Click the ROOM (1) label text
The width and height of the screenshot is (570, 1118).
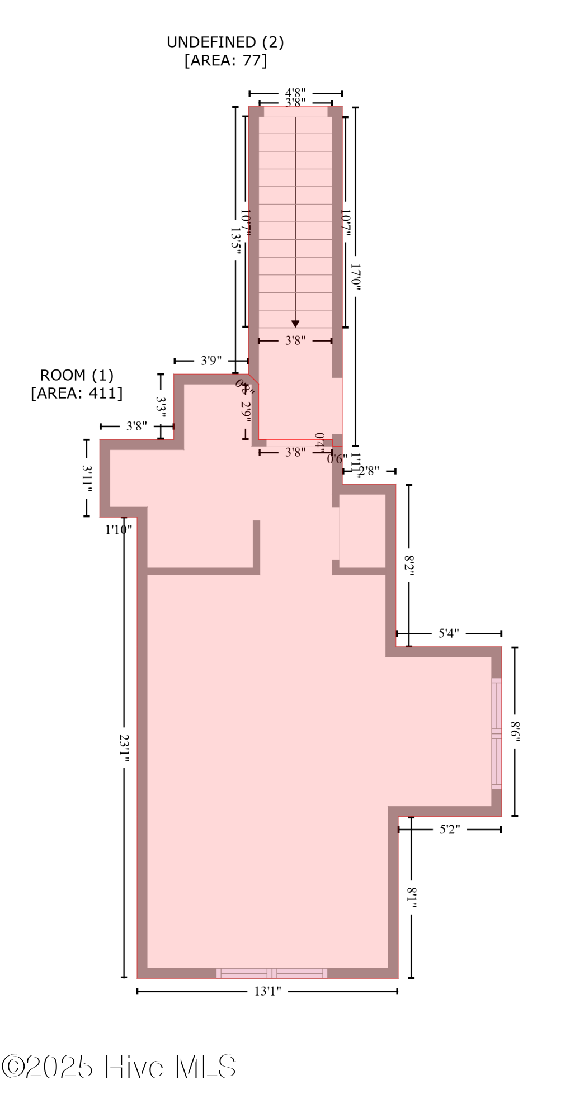(77, 375)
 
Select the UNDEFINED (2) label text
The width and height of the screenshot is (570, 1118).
(225, 42)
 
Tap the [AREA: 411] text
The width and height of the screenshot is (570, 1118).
(77, 393)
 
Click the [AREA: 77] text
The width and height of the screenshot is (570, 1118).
(225, 60)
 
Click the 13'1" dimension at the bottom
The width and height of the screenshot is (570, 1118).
(267, 991)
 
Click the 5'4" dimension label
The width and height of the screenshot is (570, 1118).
(449, 633)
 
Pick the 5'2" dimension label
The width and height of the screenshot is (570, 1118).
(449, 829)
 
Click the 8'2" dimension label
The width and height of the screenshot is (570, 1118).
(409, 566)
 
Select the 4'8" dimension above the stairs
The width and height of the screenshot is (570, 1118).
(295, 93)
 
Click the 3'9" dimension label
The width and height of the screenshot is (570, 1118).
(211, 361)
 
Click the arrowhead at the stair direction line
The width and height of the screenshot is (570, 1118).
(295, 324)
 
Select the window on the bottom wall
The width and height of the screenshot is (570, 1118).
(272, 973)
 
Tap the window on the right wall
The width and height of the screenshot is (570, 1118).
(496, 733)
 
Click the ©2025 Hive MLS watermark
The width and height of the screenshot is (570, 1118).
(119, 1067)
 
